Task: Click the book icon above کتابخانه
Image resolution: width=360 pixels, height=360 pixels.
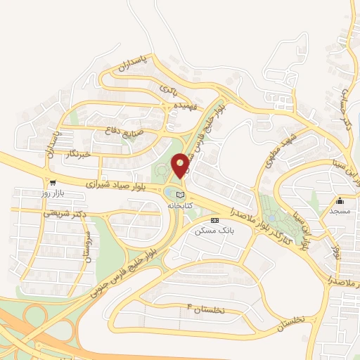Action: point(181,194)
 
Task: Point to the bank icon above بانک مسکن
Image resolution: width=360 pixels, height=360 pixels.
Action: point(224,220)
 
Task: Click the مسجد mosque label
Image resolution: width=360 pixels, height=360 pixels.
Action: point(340,210)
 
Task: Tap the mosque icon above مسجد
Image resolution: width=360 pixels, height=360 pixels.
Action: point(340,200)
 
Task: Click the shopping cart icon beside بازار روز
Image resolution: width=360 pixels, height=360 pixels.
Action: point(25,191)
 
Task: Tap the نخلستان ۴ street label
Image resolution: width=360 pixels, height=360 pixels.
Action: point(207,309)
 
